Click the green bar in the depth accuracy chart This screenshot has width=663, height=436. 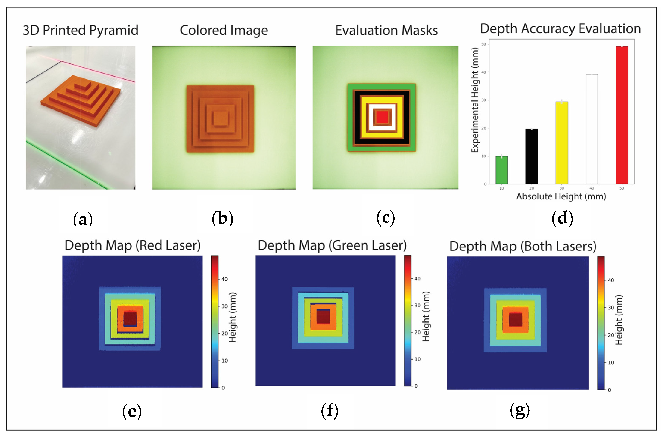pyautogui.click(x=501, y=170)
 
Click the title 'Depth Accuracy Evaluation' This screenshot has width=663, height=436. pyautogui.click(x=560, y=28)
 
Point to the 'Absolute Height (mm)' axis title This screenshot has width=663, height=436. pyautogui.click(x=561, y=196)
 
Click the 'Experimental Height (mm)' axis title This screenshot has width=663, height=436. pyautogui.click(x=475, y=100)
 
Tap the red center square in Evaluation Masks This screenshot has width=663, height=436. pyautogui.click(x=382, y=117)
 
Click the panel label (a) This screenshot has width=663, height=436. pyautogui.click(x=83, y=219)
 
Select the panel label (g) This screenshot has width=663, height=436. pyautogui.click(x=520, y=411)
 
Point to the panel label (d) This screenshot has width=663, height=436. pyautogui.click(x=562, y=218)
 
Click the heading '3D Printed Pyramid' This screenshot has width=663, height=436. pyautogui.click(x=81, y=30)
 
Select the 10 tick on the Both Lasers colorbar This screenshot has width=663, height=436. pyautogui.click(x=611, y=362)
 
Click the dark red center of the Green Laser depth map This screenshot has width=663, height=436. pyautogui.click(x=323, y=317)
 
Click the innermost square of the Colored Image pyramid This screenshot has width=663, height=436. pyautogui.click(x=221, y=118)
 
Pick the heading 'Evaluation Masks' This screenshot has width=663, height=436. pyautogui.click(x=386, y=30)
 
